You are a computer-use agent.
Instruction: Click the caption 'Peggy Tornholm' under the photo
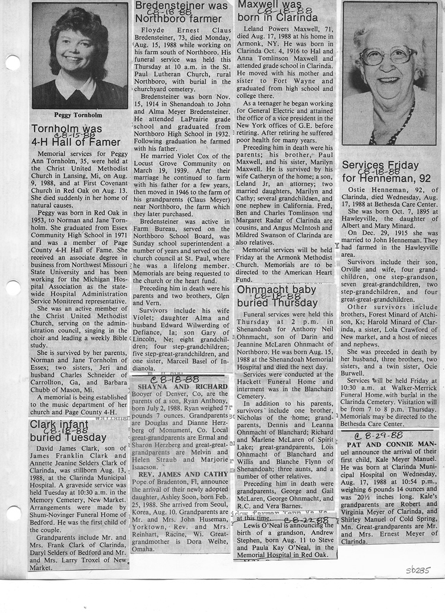[x=79, y=115]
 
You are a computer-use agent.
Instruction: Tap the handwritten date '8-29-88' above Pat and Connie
[x=377, y=435]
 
